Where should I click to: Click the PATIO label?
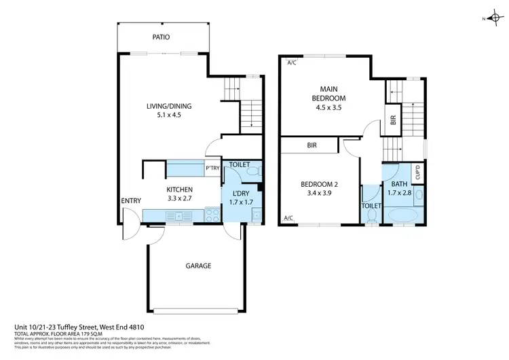(x=161, y=37)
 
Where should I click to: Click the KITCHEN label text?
(x=181, y=190)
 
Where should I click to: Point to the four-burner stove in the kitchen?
(x=212, y=217)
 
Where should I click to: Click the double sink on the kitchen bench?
(x=178, y=217)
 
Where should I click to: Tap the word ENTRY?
(x=130, y=200)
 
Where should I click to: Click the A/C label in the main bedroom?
(x=292, y=63)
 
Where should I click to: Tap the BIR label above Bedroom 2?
(x=312, y=145)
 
